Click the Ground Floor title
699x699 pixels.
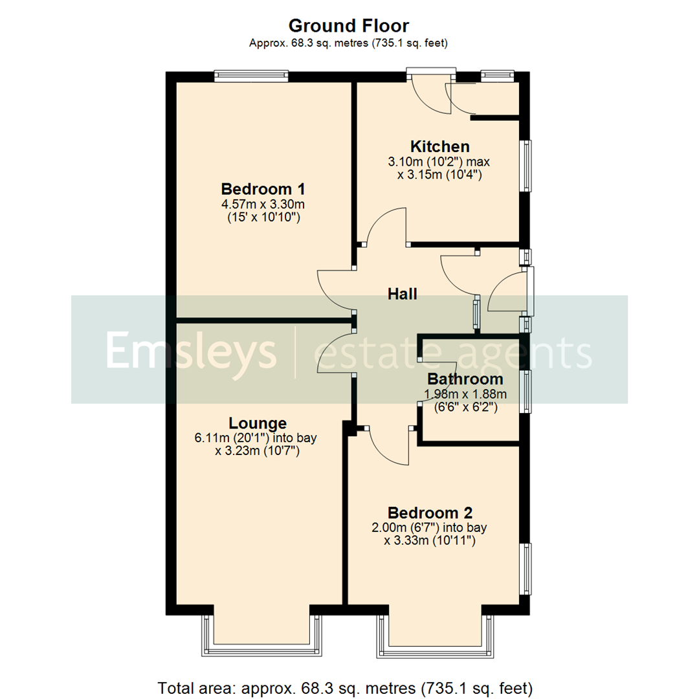tap(349, 27)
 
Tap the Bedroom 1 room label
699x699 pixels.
tap(263, 190)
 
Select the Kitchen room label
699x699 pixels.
tap(439, 146)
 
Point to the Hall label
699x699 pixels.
tap(402, 294)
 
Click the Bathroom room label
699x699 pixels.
tap(465, 379)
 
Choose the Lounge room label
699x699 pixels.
tap(258, 423)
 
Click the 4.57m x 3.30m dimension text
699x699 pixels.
tap(263, 205)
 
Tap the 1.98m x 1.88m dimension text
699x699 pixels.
tap(465, 394)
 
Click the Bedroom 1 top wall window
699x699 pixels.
tap(251, 76)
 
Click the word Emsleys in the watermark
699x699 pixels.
tap(191, 351)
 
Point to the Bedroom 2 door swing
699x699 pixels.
tap(390, 447)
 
